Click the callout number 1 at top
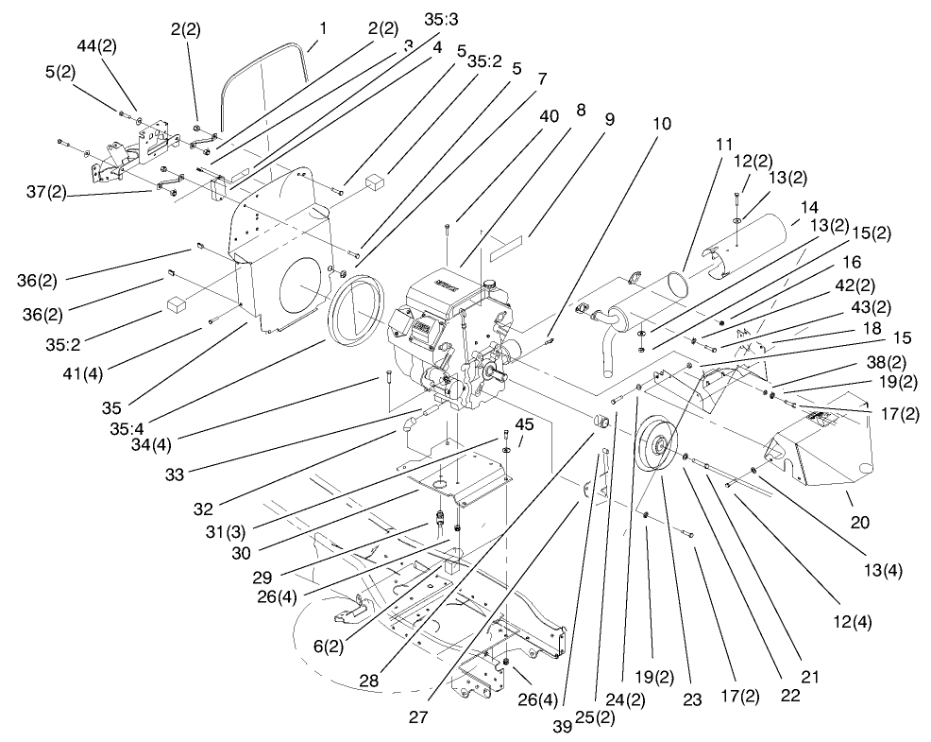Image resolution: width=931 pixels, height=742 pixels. pyautogui.click(x=322, y=27)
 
